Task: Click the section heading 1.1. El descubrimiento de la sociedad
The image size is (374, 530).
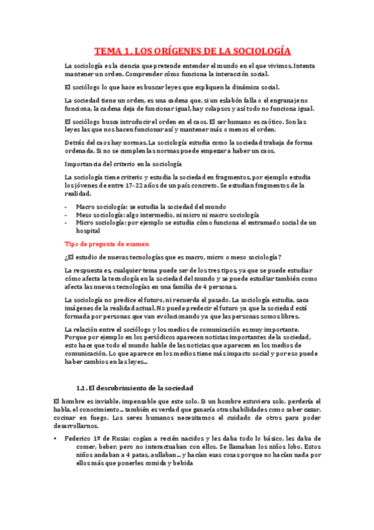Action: click(x=134, y=388)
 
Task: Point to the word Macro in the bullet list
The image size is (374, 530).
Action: click(x=86, y=207)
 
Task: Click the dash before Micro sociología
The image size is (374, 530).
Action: click(x=66, y=222)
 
